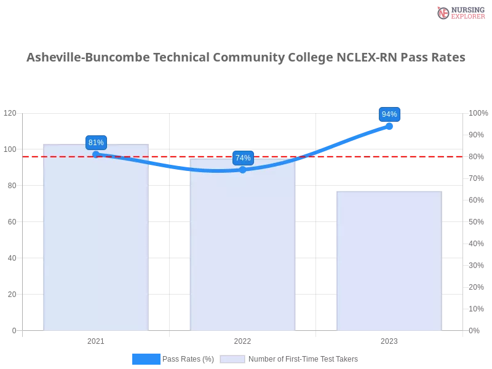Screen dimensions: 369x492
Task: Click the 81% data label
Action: (96, 143)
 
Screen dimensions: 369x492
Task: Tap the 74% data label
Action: (243, 158)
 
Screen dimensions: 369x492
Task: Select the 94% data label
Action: (389, 114)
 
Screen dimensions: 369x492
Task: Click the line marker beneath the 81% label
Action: (96, 154)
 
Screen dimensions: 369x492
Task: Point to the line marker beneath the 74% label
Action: (242, 170)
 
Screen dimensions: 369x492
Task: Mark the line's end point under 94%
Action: (389, 126)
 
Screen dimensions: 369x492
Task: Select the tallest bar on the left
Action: (96, 240)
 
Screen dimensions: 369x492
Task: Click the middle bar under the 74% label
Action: (244, 246)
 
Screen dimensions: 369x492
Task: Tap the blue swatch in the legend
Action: (146, 359)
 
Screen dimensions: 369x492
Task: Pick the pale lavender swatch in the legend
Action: (232, 359)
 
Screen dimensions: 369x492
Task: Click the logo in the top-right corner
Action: (459, 12)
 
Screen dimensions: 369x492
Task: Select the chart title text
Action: (246, 58)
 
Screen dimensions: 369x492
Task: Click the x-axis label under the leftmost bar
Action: (96, 339)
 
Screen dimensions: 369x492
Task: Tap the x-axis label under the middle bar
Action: (241, 339)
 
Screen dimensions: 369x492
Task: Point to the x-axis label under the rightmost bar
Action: (389, 339)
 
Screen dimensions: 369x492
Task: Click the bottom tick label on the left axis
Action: (14, 330)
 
